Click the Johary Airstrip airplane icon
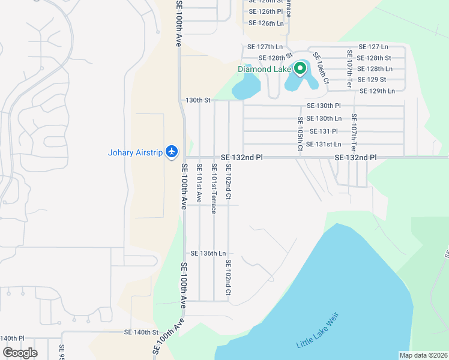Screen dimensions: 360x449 (x=172, y=151)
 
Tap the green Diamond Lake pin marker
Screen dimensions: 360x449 (x=300, y=68)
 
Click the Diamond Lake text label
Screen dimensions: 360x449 (x=264, y=69)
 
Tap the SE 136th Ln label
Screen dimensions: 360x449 (x=208, y=254)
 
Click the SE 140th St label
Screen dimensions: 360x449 (x=141, y=332)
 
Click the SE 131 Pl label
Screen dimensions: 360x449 (x=324, y=131)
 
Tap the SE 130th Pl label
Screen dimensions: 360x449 (x=324, y=106)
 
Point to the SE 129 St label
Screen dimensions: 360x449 (x=372, y=80)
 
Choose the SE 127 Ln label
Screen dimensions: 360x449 (x=373, y=47)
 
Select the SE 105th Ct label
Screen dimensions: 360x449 (x=300, y=134)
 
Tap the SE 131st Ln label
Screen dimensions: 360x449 (x=324, y=144)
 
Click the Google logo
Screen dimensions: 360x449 (x=19, y=353)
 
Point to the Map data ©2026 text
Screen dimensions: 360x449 (x=424, y=355)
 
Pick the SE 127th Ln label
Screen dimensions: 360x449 (x=265, y=47)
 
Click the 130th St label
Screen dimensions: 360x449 (x=198, y=100)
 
